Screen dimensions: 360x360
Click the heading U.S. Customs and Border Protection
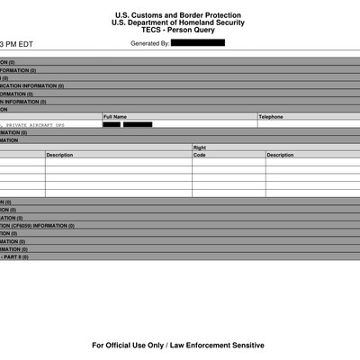tap(179, 14)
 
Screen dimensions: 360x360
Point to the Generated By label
tap(149, 43)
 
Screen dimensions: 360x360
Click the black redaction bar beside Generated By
tap(197, 43)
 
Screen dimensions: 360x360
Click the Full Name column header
tap(115, 117)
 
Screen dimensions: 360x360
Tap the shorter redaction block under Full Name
tap(112, 125)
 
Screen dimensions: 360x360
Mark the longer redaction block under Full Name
tap(138, 125)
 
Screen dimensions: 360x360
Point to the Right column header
tap(200, 148)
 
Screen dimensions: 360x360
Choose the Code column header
tap(200, 155)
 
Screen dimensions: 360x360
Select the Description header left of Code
tap(59, 155)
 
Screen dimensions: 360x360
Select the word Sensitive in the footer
tap(247, 345)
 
